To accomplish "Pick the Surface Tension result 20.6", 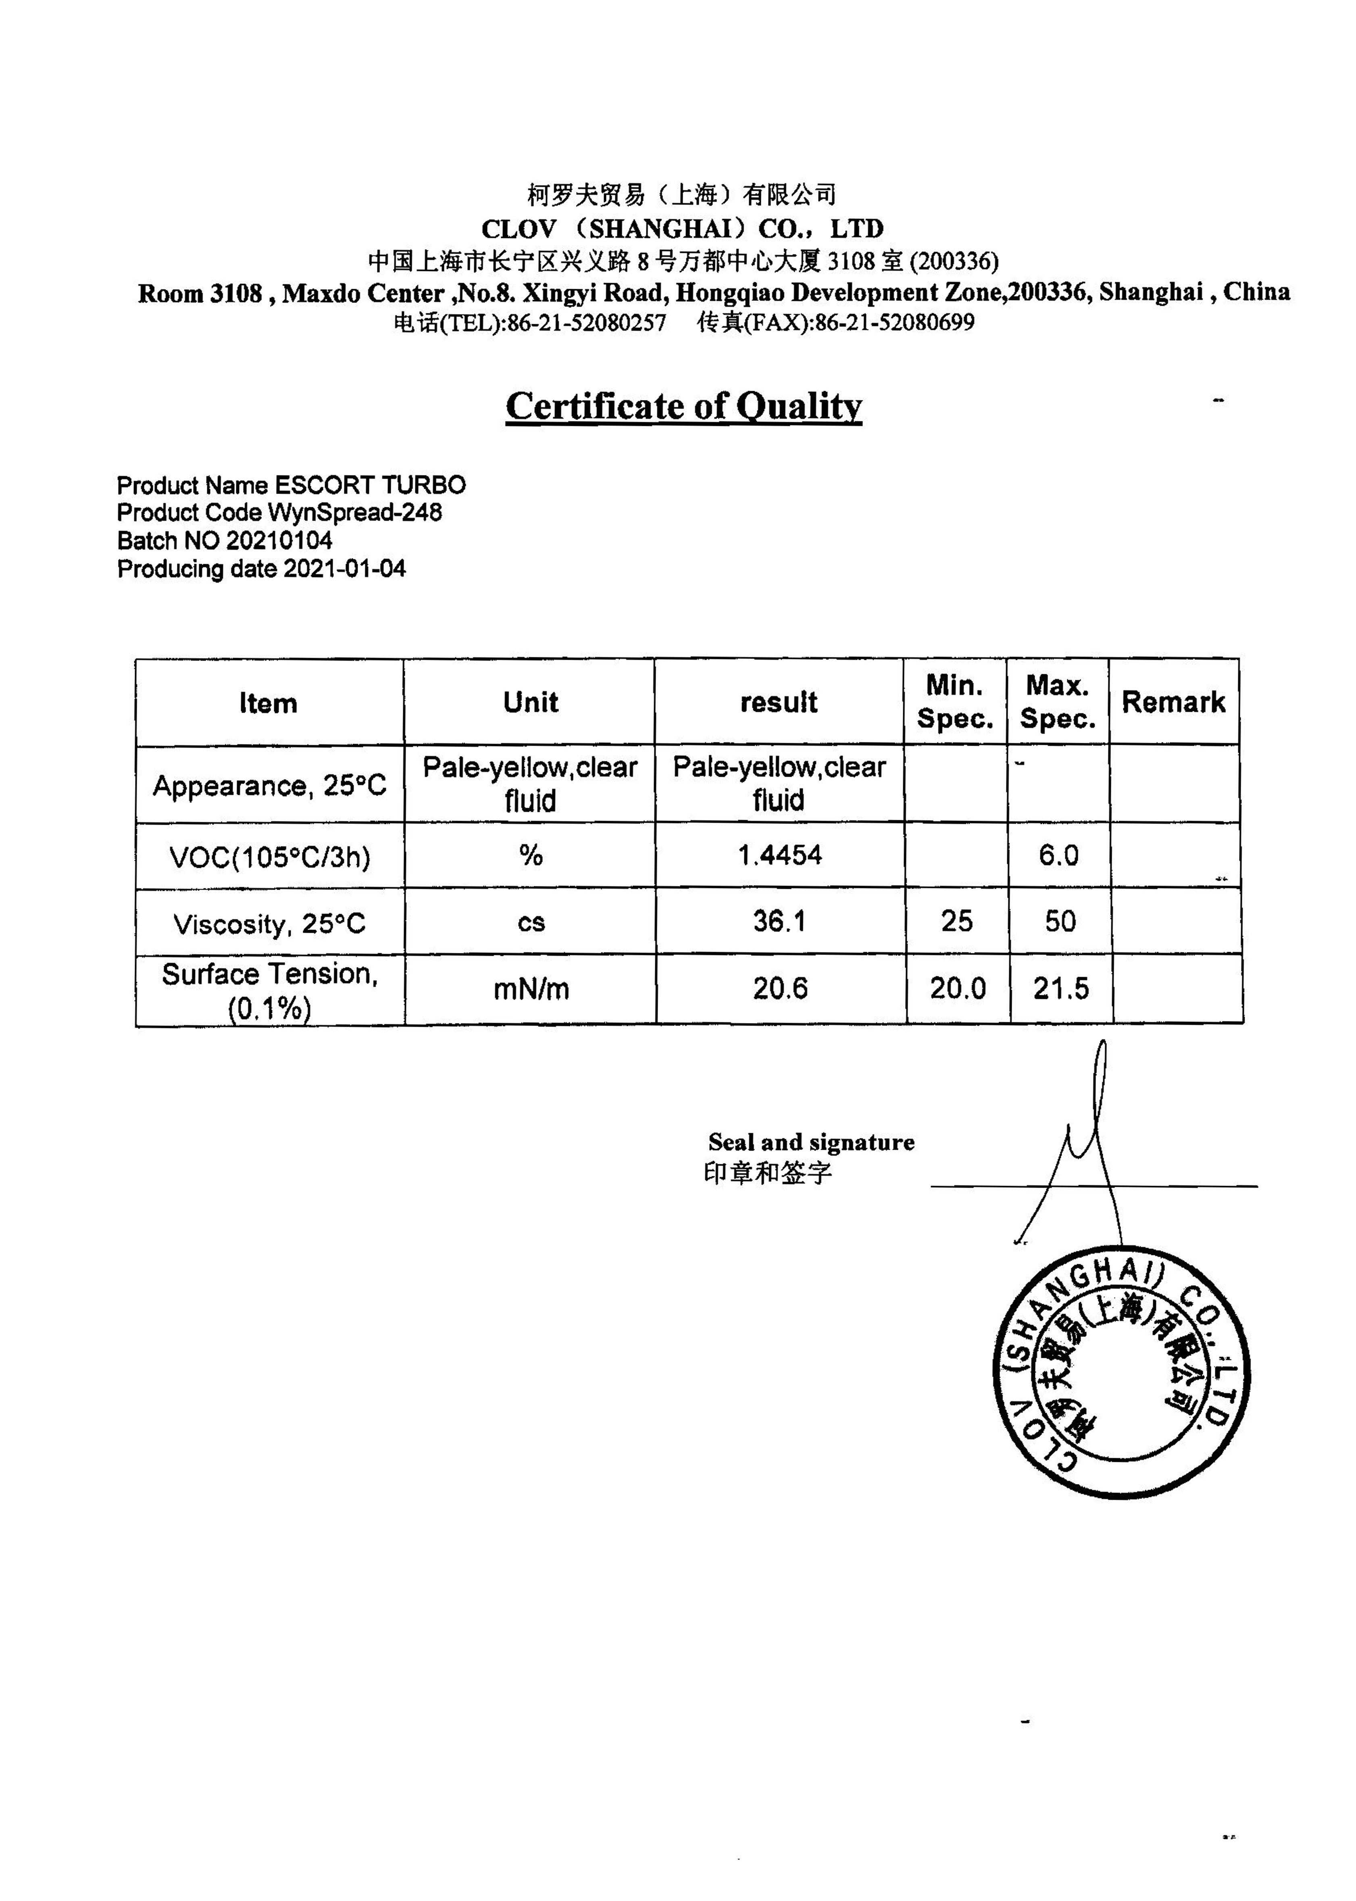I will point(780,988).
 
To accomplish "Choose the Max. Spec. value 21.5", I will point(1060,988).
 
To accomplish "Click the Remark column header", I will point(1173,702).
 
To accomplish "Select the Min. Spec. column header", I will point(954,702).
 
